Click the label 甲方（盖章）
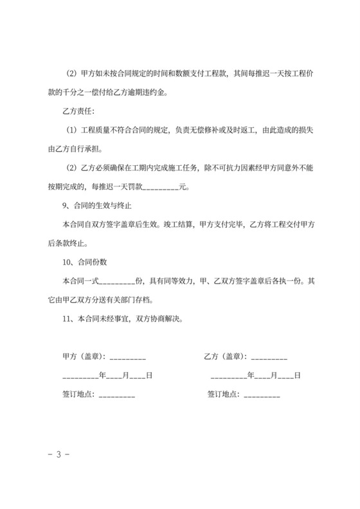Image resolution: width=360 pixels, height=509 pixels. pos(84,356)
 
